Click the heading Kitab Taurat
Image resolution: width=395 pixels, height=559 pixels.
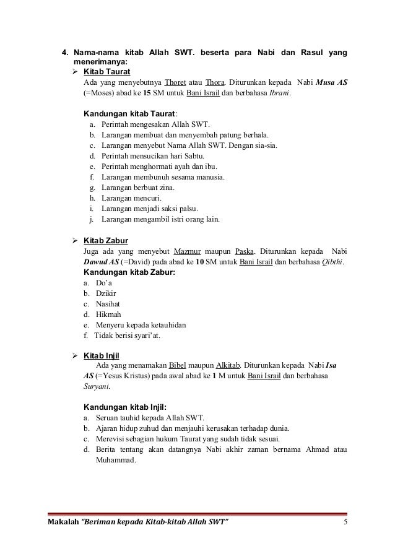(105, 72)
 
